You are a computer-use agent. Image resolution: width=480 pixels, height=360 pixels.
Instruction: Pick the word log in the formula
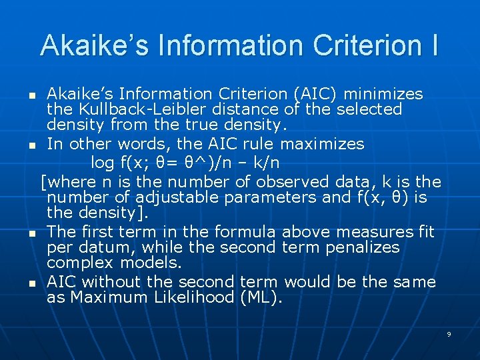pos(102,162)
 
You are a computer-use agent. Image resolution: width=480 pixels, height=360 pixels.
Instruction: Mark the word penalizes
pos(366,247)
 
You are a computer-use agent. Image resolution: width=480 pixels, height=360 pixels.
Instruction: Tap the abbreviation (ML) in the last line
pos(261,297)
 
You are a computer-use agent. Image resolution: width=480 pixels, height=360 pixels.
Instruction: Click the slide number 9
pos(449,334)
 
